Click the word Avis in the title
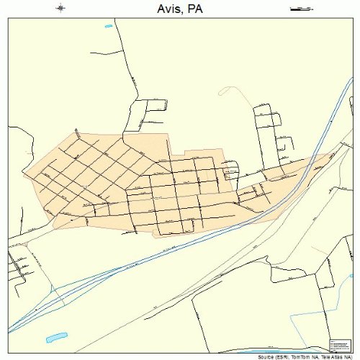tap(166, 9)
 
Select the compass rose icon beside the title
tap(60, 9)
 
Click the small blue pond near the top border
tap(109, 27)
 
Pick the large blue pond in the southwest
tap(56, 336)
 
